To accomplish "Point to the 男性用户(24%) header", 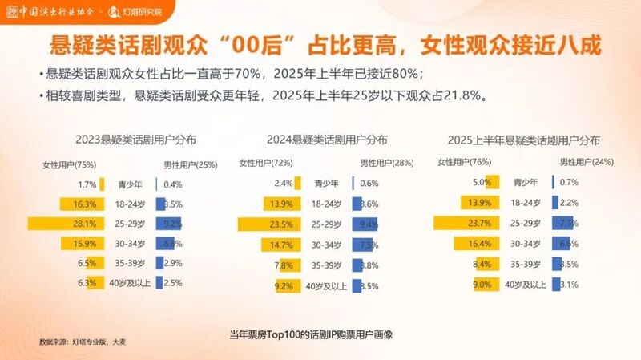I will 585,163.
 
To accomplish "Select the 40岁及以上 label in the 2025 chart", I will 526,283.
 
